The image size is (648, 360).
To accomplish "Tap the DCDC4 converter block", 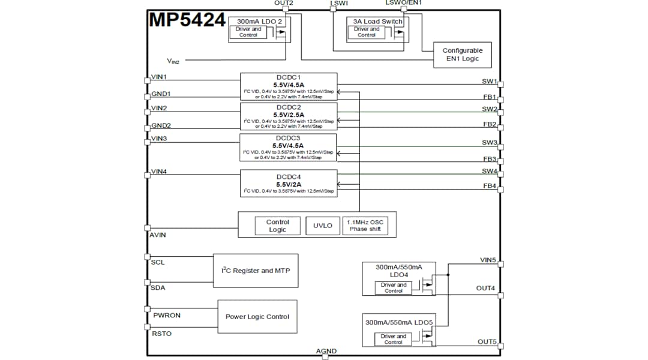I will pos(289,183).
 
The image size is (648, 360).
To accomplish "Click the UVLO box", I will pos(323,226).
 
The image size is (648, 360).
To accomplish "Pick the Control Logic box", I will pos(277,226).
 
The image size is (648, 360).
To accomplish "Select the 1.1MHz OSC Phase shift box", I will pos(365,226).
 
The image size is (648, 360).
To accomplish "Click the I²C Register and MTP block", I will pos(256,271).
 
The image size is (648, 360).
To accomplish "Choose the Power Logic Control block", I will pos(257,317).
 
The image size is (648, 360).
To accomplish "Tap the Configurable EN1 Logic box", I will pos(462,55).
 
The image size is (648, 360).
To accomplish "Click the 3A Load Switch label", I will pos(375,22).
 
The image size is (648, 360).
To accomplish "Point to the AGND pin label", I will pos(326,351).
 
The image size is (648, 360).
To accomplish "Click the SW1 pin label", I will pos(489,81).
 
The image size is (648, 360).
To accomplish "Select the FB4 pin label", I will pos(490,186).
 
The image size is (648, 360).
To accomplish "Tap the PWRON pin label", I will pos(167,315).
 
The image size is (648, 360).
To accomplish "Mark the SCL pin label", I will pos(158,262).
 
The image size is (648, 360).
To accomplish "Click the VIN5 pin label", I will pos(488,260).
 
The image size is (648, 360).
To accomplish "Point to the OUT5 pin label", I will pos(487,341).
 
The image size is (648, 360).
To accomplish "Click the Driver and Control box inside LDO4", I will pos(394,288).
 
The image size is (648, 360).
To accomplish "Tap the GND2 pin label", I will pos(161,125).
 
